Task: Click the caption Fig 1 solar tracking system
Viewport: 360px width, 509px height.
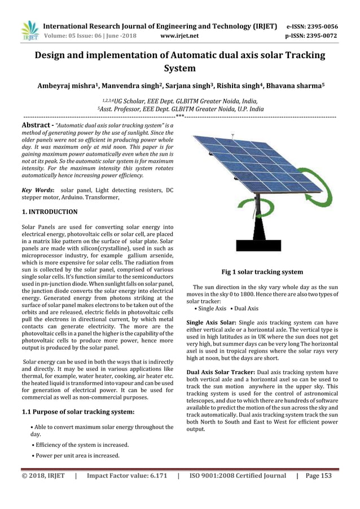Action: (x=262, y=272)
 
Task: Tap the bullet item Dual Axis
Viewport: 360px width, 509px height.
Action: (x=246, y=309)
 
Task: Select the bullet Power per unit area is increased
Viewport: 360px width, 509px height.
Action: (x=76, y=455)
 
